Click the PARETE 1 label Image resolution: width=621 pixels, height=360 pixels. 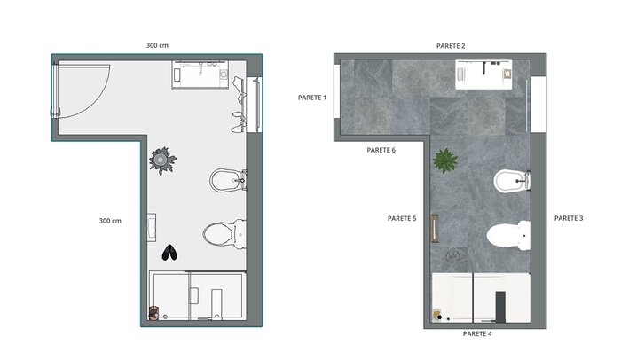(x=312, y=98)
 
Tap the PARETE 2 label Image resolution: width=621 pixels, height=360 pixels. (x=451, y=46)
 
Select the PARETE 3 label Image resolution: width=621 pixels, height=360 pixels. (x=569, y=218)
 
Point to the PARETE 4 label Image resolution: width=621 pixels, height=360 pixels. (x=477, y=334)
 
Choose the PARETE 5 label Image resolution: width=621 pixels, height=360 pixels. (x=402, y=218)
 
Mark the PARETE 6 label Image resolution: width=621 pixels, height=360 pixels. (x=381, y=150)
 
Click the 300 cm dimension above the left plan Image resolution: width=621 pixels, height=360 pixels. (x=157, y=45)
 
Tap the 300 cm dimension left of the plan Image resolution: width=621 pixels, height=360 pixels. (x=110, y=221)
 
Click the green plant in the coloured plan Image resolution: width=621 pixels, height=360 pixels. (x=445, y=160)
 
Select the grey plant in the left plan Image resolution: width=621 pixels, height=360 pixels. (x=162, y=160)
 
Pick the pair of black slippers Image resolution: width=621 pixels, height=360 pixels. (x=169, y=253)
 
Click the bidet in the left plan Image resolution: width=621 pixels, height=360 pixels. (x=228, y=180)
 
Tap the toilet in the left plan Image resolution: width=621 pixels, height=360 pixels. (x=224, y=234)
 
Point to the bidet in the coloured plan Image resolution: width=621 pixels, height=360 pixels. (x=512, y=181)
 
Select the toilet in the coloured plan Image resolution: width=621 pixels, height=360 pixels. (x=508, y=236)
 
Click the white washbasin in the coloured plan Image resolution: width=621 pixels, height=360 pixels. (x=483, y=74)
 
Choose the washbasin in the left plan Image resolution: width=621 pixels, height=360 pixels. (x=200, y=75)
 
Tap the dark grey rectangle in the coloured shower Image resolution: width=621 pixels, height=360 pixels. (x=500, y=307)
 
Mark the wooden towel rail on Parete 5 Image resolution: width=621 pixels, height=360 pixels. (x=435, y=229)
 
